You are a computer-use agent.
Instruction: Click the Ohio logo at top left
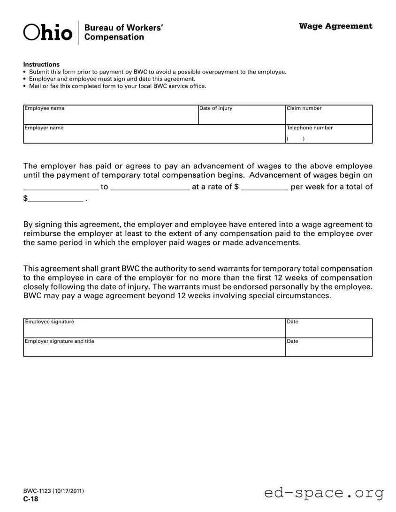click(x=48, y=32)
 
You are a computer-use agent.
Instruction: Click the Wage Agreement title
click(x=335, y=26)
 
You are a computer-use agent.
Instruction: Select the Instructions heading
click(x=41, y=64)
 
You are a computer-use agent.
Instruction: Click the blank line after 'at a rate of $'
click(x=264, y=187)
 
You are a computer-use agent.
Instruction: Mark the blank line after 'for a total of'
click(x=55, y=199)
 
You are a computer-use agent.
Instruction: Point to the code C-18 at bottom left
click(x=31, y=499)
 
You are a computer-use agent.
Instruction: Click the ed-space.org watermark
click(x=324, y=493)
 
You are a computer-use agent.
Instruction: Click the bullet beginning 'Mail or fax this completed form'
click(x=117, y=86)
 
